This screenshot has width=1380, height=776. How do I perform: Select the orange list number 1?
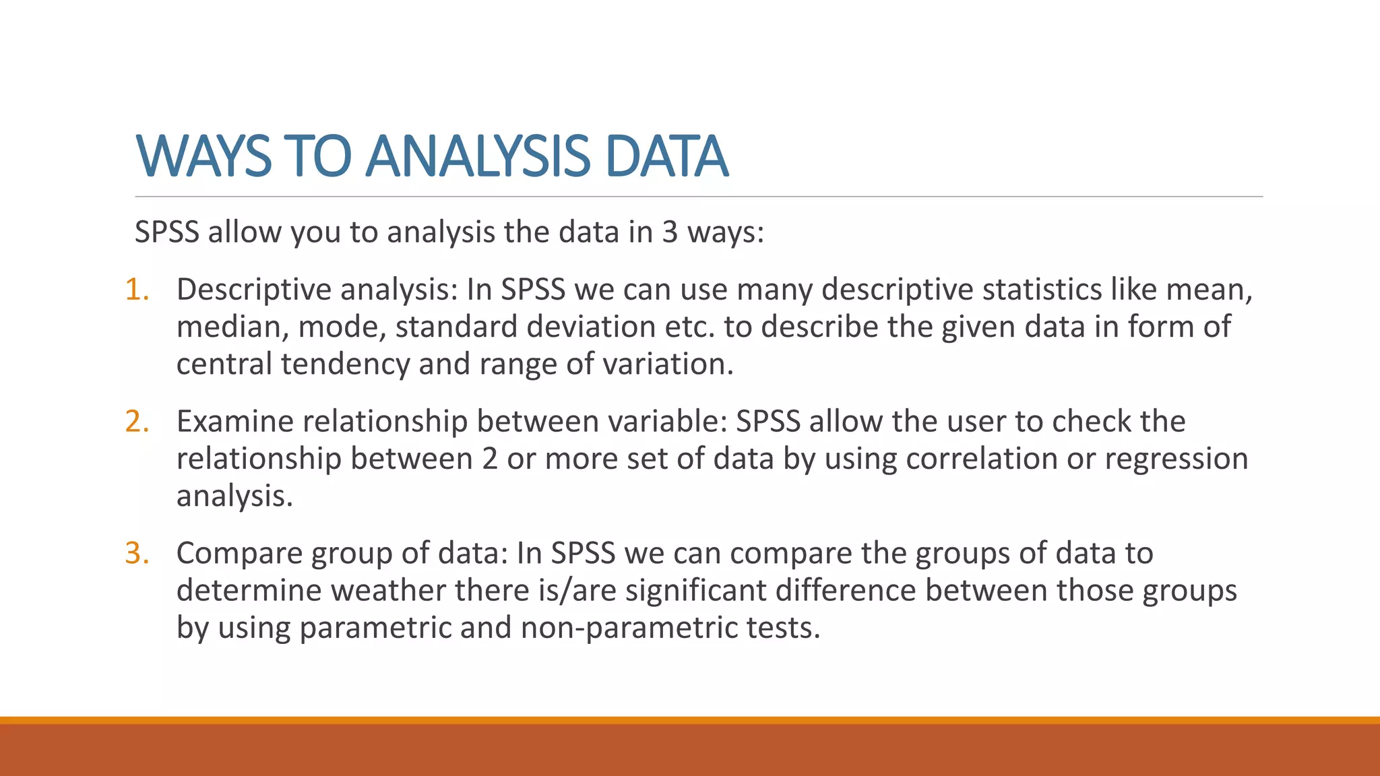137,290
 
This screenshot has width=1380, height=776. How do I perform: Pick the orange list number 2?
137,422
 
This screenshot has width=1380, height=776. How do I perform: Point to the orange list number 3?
137,553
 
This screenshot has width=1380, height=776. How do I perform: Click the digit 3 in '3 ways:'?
669,232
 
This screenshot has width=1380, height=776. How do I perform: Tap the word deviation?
590,327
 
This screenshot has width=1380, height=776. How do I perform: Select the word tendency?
345,364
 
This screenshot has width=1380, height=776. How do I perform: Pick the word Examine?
234,422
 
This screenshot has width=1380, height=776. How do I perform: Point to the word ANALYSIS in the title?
478,156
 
